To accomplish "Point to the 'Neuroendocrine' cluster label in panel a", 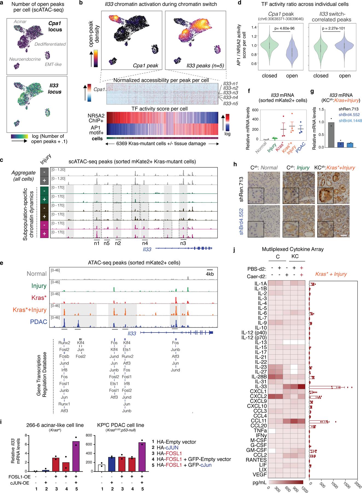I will tap(25, 59).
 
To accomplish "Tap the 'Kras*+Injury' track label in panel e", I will tap(29, 310).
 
